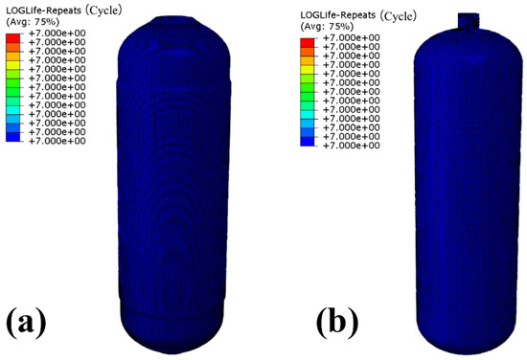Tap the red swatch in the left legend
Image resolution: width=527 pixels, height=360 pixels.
(12, 38)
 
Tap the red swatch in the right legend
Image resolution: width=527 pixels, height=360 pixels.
(308, 43)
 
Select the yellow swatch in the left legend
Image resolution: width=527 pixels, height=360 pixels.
(12, 65)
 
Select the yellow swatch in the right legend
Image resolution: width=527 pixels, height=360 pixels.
(308, 70)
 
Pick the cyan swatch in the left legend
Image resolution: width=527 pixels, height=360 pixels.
(12, 110)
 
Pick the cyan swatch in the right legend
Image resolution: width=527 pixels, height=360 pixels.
(308, 115)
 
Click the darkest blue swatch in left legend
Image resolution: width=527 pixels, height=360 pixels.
(12, 137)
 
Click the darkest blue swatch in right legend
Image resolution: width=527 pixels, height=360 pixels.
(308, 142)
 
